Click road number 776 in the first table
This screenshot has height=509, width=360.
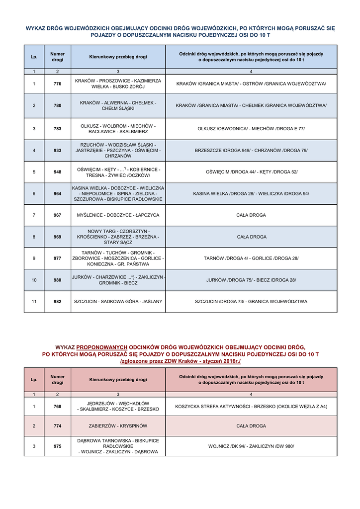coord(57,84)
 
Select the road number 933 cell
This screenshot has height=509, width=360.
coord(57,150)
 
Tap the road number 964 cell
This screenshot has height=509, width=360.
coord(57,193)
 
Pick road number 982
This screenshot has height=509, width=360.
coord(57,302)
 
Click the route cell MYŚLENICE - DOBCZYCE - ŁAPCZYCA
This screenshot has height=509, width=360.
coord(118,215)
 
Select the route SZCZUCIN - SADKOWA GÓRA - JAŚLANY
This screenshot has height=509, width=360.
coord(118,302)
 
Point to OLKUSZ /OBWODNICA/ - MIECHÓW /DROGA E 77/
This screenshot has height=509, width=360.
coord(251,129)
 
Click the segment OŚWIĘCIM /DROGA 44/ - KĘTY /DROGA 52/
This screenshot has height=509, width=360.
coord(251,172)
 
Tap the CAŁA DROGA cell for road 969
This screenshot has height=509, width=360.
coord(251,237)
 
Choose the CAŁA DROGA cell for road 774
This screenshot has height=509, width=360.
coord(251,426)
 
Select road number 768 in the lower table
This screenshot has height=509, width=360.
coord(57,407)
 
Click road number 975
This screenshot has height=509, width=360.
coord(57,446)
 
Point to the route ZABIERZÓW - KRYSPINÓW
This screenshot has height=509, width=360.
coord(118,426)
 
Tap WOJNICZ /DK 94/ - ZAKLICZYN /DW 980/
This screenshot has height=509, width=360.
coord(251,446)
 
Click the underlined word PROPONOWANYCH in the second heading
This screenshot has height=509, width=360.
coord(102,347)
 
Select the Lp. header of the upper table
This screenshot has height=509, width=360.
coord(34,57)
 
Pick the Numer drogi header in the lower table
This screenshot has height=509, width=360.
coord(57,380)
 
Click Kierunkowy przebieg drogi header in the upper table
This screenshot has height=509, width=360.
coord(118,57)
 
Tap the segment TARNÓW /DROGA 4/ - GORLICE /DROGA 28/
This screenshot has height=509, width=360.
coord(251,258)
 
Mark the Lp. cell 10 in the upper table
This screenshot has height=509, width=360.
coord(34,280)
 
